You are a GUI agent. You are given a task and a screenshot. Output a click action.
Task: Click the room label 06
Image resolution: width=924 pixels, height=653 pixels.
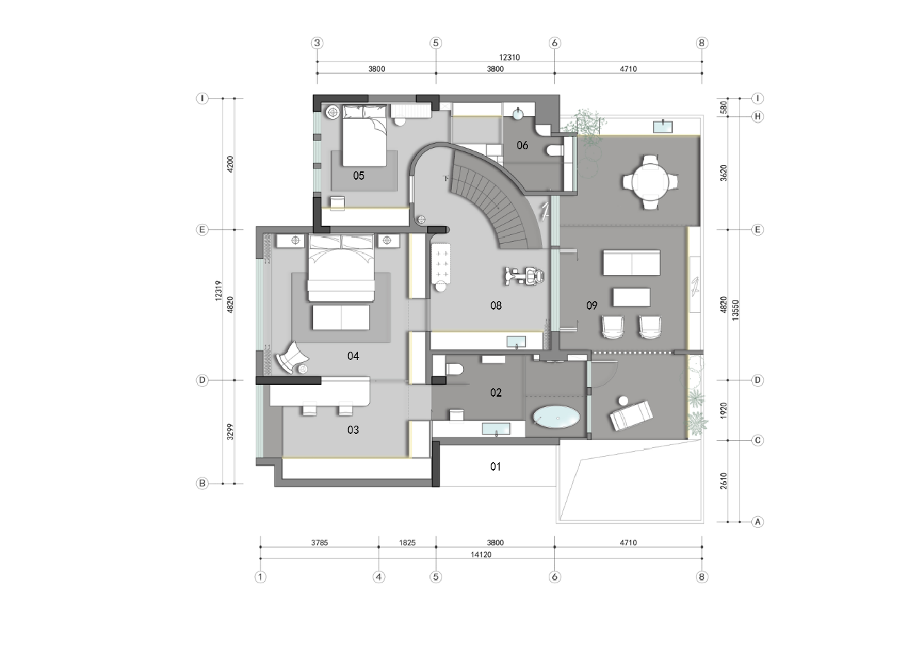pos(522,145)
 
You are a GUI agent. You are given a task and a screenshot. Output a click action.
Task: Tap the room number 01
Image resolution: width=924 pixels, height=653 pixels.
pos(496,466)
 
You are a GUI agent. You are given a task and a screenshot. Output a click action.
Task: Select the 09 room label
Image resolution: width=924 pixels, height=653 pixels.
pos(592,305)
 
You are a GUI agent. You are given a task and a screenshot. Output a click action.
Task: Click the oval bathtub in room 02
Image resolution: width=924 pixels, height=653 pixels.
pos(556,417)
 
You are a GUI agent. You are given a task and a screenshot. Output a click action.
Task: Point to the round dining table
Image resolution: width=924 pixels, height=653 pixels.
pos(650,182)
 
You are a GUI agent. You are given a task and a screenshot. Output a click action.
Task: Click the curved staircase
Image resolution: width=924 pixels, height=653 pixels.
pos(495,198)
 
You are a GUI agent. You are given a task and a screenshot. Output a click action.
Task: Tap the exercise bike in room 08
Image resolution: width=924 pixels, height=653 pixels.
pos(525,276)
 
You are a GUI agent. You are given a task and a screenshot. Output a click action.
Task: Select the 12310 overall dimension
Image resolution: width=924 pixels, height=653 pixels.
pos(509,57)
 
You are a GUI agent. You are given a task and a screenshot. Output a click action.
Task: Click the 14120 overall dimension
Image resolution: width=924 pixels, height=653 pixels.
pos(481,555)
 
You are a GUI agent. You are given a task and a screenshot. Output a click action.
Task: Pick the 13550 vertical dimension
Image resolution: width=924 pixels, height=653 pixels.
pos(735,310)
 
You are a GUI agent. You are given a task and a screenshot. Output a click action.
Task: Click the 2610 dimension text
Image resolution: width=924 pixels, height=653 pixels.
pos(724,481)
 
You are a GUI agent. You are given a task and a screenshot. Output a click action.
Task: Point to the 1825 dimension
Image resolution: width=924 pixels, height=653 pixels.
pos(407,543)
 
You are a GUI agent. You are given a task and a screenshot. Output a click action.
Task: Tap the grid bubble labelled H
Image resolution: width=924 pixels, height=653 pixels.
pos(757,116)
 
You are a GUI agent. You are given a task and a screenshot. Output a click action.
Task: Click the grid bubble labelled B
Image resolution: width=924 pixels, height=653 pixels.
pos(202,484)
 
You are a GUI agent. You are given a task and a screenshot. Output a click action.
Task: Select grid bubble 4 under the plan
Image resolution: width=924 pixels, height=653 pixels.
pos(379,577)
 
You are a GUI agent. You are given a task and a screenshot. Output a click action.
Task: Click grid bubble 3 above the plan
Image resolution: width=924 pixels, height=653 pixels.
pos(317,43)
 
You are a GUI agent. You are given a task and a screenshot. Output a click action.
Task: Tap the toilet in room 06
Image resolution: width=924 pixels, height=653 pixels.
pos(555,151)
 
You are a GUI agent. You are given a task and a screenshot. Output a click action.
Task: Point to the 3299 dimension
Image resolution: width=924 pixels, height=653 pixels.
pos(230,432)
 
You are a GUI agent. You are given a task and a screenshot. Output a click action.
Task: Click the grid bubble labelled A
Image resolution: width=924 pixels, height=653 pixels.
pos(757,522)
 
